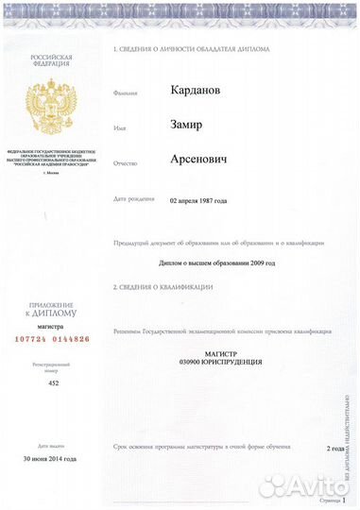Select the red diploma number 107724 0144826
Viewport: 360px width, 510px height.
[51, 338]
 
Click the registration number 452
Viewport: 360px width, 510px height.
[53, 383]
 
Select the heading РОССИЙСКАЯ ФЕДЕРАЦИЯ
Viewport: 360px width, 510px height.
[51, 61]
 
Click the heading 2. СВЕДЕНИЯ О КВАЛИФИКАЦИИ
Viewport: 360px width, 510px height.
[163, 286]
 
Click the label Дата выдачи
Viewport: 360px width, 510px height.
[51, 444]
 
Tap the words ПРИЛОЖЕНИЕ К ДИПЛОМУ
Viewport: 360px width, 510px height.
[51, 307]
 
